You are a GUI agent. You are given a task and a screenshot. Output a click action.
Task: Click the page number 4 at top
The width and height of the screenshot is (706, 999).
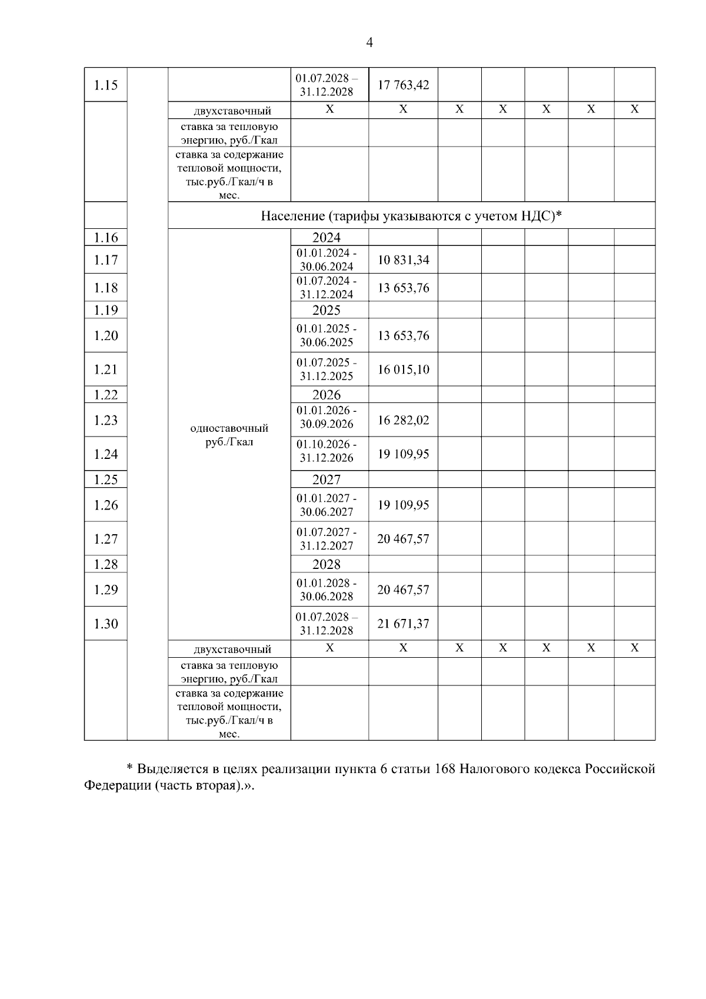click(x=369, y=42)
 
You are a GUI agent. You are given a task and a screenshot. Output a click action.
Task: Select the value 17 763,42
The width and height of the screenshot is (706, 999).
click(x=403, y=85)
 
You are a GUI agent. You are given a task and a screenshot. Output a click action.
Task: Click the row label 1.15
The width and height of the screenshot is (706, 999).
click(x=106, y=85)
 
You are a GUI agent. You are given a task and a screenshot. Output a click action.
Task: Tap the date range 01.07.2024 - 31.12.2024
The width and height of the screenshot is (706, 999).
click(x=327, y=288)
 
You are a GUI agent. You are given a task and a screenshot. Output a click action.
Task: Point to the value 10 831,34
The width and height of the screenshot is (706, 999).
click(x=403, y=259)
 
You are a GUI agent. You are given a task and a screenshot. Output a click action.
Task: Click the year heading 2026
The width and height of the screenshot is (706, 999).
click(x=327, y=395)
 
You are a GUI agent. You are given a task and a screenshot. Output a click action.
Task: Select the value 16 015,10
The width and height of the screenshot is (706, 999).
click(x=403, y=369)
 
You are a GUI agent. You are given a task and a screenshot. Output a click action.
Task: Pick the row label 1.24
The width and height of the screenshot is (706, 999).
click(x=106, y=454)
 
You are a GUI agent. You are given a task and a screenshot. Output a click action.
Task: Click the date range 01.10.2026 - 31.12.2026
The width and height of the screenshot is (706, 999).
click(x=327, y=451)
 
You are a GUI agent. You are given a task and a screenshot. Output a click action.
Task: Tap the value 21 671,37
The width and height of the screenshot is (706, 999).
click(x=403, y=624)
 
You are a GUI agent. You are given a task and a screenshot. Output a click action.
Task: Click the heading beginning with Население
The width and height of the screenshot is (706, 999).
click(x=411, y=216)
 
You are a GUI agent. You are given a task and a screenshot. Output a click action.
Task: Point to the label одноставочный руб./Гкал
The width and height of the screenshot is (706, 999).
click(x=229, y=435)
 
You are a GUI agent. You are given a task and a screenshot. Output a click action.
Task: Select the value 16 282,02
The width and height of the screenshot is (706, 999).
click(x=403, y=420)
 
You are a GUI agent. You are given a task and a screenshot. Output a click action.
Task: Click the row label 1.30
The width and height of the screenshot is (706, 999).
click(x=106, y=624)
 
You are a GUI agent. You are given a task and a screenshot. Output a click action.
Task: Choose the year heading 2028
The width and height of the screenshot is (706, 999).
click(x=327, y=564)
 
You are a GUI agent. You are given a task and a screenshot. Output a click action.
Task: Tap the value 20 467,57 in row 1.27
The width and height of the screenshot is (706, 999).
click(x=403, y=539)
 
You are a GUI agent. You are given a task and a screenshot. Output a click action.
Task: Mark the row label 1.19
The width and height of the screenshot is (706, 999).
click(x=106, y=310)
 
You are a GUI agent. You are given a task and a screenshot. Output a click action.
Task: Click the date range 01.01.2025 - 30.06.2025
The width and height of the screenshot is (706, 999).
click(x=327, y=335)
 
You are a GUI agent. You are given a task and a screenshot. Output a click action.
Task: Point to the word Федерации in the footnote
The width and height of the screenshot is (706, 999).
click(x=118, y=786)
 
